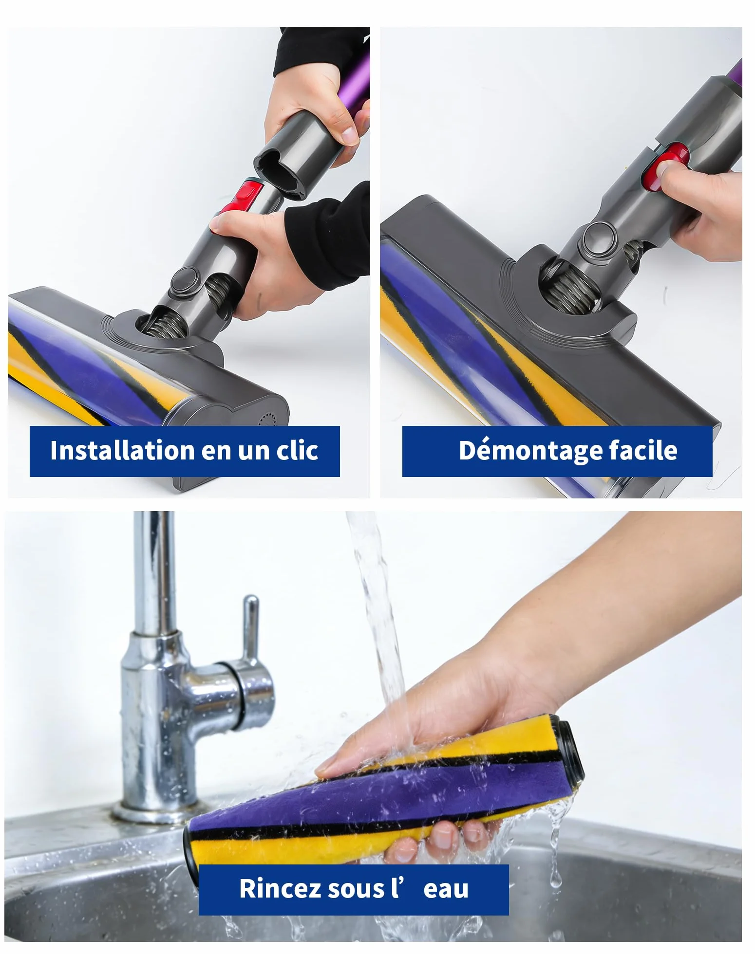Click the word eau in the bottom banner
446,889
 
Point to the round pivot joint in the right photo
600,238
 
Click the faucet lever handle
250,628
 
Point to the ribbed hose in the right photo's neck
570,287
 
